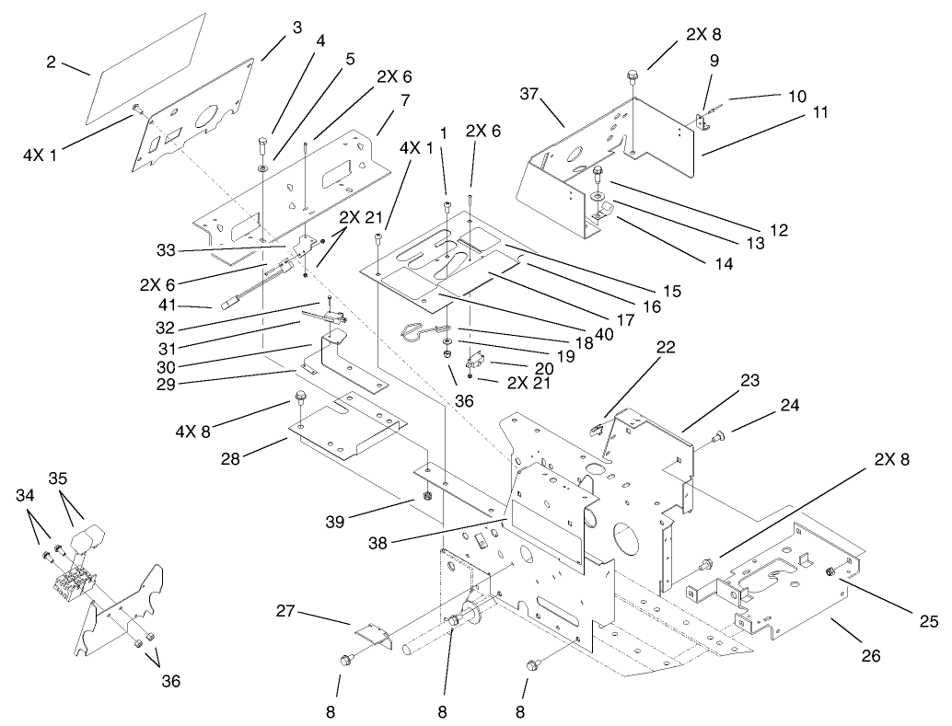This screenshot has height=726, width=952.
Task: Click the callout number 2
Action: point(52,63)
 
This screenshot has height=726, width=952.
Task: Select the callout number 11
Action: point(819,112)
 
